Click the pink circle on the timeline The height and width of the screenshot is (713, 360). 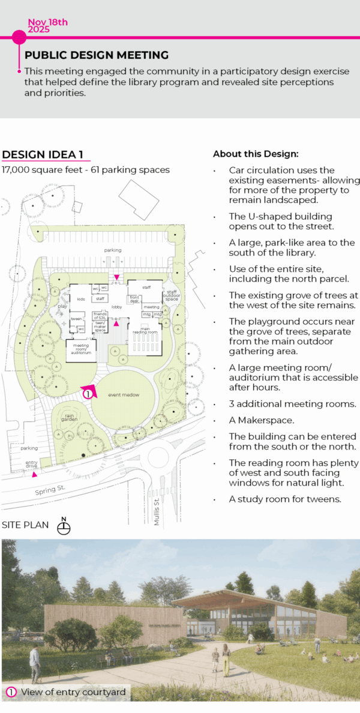coord(19,37)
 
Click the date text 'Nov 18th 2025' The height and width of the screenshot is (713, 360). coord(48,26)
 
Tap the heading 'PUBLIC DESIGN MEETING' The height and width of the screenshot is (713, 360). coord(97,55)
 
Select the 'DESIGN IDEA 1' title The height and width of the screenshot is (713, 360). coord(43,154)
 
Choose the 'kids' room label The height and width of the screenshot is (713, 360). coord(81,298)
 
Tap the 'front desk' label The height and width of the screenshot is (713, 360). coord(135,299)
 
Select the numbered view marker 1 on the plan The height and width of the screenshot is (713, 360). coord(88,394)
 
